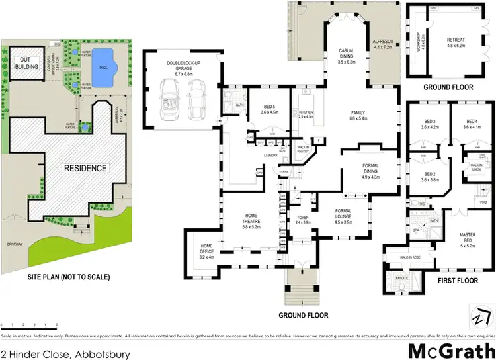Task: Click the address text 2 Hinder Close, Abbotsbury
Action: (x=65, y=354)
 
